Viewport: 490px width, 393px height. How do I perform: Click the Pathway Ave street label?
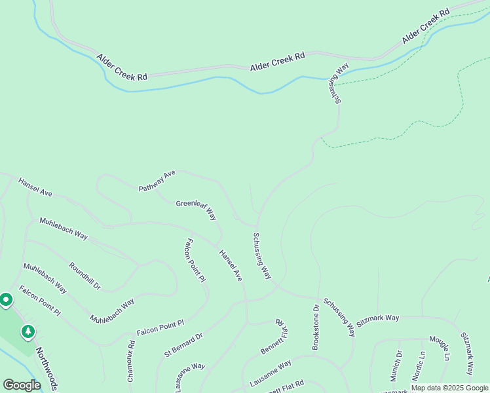(x=158, y=181)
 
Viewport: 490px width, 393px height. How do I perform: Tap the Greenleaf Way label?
(x=197, y=209)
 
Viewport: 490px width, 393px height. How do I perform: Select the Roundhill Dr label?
(x=85, y=276)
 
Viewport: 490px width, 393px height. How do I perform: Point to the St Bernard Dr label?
(x=184, y=345)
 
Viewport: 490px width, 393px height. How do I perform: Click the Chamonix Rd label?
(x=131, y=362)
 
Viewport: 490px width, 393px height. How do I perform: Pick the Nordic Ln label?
(x=418, y=366)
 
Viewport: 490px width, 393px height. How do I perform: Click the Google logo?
(x=21, y=385)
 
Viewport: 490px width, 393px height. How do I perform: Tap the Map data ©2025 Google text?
(x=449, y=388)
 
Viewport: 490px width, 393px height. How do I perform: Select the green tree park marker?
(x=28, y=331)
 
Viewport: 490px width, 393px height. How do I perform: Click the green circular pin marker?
(x=6, y=300)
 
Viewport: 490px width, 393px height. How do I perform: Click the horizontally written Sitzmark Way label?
(x=379, y=318)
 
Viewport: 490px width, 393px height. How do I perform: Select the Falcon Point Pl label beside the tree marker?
(x=39, y=301)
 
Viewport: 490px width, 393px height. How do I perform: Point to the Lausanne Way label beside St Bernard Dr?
(x=190, y=377)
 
